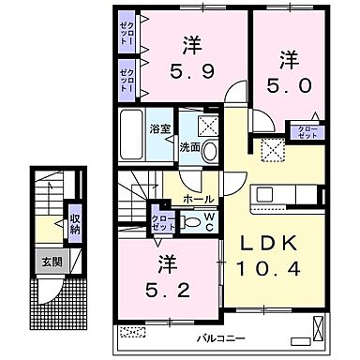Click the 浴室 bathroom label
pos(159,129)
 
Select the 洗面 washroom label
pos(190,145)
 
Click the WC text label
pos(208,222)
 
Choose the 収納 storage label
pos(74,223)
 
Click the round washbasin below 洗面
pos(210,152)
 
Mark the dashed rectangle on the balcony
pos(133,331)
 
